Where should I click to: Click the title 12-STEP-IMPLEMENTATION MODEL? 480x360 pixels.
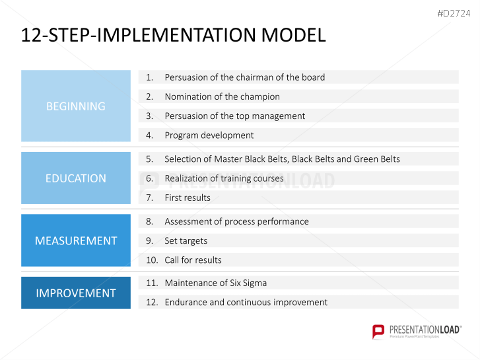173,36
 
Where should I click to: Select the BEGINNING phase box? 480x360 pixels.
76,106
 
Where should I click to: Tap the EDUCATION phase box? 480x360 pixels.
76,178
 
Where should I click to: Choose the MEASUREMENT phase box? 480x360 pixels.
76,240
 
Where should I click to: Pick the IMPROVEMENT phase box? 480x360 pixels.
76,293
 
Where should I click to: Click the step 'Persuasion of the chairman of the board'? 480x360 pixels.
244,77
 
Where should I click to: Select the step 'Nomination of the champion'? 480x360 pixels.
222,96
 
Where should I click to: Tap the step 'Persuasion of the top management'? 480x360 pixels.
234,116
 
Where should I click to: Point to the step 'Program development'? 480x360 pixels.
209,135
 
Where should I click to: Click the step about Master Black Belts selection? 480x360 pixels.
282,159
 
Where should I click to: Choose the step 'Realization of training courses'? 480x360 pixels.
224,178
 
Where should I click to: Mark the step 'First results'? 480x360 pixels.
188,198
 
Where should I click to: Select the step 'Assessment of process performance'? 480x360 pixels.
236,221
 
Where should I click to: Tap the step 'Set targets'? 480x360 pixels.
186,240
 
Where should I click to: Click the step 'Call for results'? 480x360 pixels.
193,260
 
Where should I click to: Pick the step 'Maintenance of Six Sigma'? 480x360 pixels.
215,283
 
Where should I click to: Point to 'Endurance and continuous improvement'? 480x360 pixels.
246,302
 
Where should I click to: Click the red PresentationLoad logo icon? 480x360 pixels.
378,331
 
